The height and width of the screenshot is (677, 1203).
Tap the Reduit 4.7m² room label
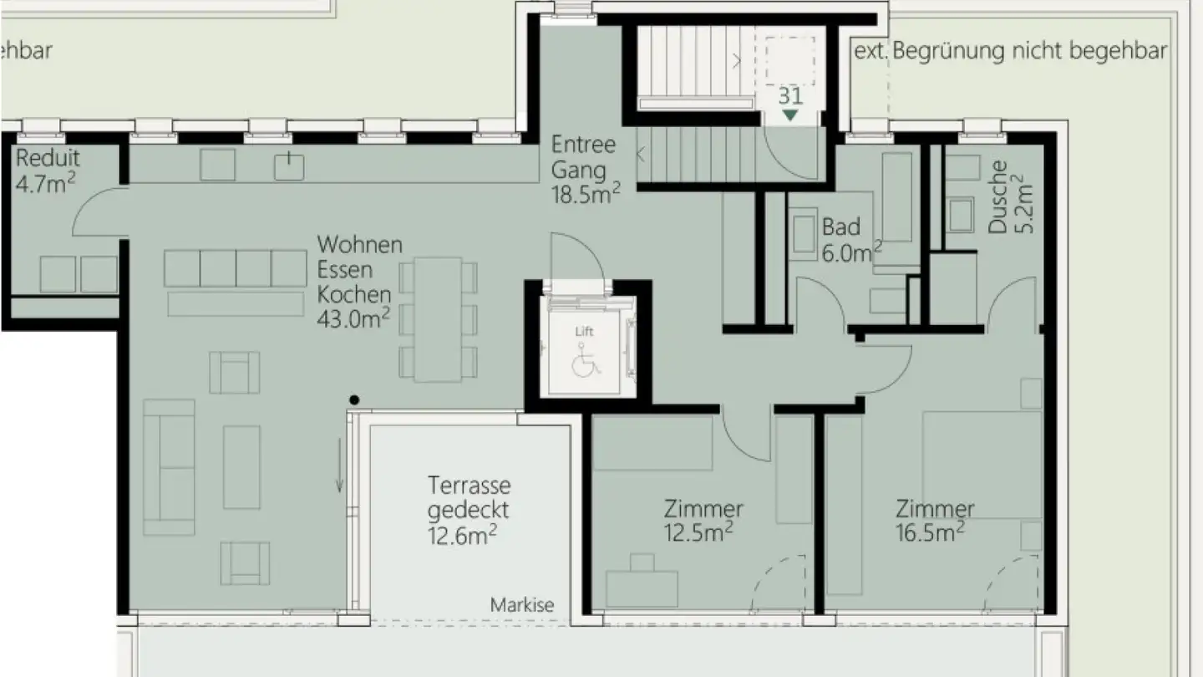click(x=48, y=171)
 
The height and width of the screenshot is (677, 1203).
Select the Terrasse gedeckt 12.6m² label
click(x=469, y=509)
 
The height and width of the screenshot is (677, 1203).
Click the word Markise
click(x=522, y=605)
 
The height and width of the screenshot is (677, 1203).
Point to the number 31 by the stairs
click(x=790, y=94)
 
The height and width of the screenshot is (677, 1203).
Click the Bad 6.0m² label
click(x=851, y=239)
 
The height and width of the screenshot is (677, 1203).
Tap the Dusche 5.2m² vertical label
click(x=1010, y=196)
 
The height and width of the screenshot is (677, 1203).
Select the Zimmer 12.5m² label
click(x=703, y=519)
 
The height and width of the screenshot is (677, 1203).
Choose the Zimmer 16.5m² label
click(x=934, y=519)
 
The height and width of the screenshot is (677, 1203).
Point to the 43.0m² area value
click(x=354, y=319)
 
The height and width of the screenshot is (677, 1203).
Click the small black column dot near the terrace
click(x=355, y=400)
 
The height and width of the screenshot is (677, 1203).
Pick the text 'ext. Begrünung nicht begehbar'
click(x=1010, y=51)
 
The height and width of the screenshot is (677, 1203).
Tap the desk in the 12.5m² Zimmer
click(x=641, y=585)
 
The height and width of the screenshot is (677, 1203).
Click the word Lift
click(x=584, y=332)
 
